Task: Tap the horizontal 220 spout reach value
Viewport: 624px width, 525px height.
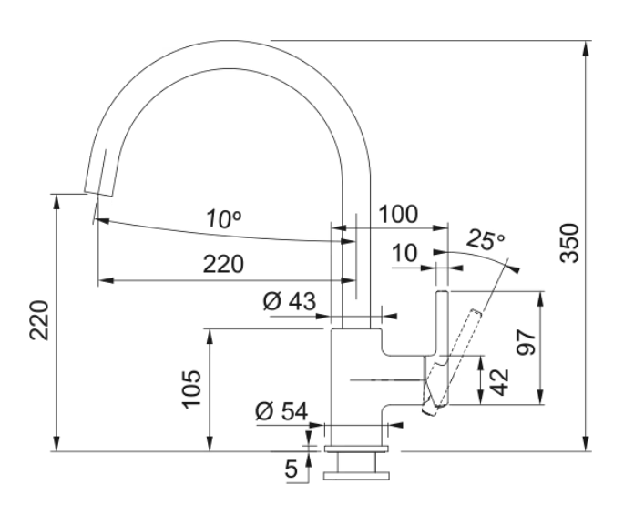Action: tap(223, 265)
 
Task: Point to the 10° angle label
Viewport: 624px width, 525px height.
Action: tap(221, 219)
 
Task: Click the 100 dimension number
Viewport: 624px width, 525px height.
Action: tap(397, 215)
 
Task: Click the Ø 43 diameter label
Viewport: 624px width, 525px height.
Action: tap(289, 301)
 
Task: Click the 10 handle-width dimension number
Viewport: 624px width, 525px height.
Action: tap(405, 254)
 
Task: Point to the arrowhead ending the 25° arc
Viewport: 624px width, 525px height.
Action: tap(517, 269)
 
